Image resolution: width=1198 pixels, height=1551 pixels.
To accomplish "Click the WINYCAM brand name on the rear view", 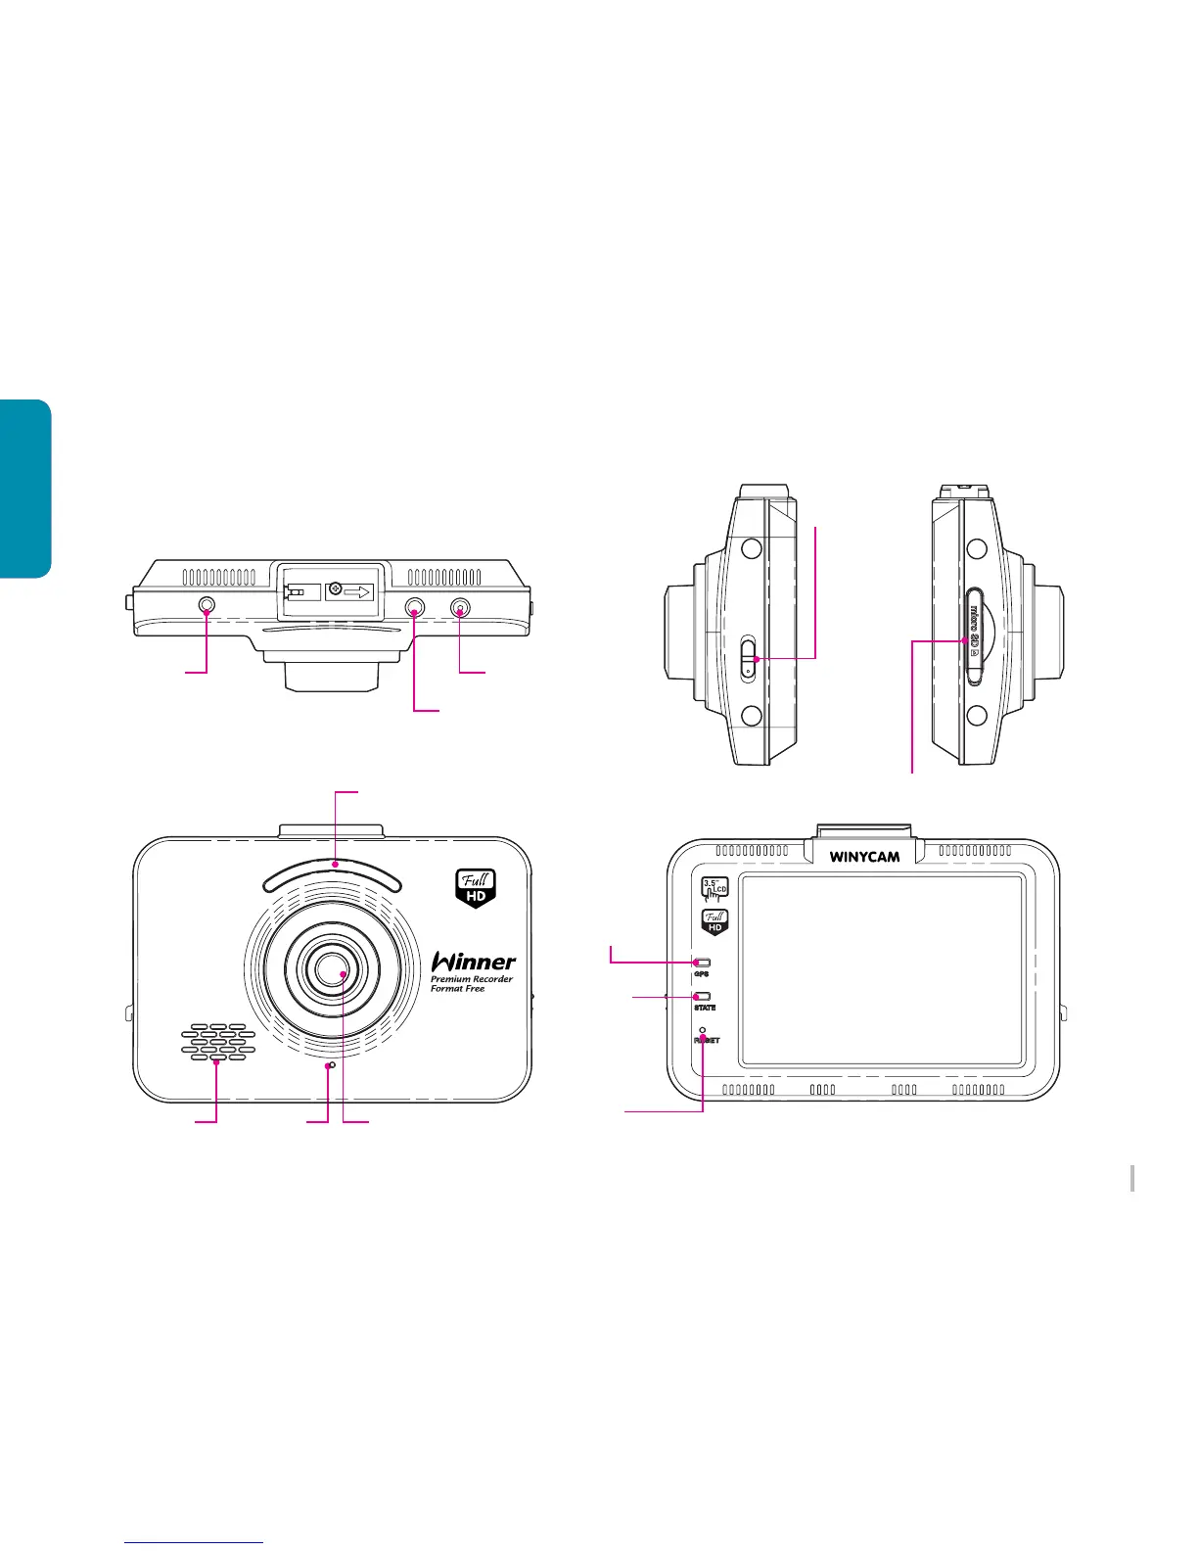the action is (864, 857).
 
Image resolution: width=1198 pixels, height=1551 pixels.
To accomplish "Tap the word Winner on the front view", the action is (474, 962).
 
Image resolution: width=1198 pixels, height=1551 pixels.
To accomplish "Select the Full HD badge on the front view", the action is (477, 887).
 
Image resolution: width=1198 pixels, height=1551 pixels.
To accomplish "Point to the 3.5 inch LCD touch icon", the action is (714, 889).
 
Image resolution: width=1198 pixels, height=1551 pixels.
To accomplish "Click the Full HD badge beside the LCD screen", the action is (714, 921).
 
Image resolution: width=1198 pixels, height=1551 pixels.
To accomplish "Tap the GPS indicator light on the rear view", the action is (702, 963).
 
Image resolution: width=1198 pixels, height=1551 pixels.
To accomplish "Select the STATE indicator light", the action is (703, 997).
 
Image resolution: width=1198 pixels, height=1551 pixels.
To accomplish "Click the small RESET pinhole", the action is (703, 1030).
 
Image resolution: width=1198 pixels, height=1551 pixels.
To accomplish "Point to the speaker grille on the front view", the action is (217, 1044).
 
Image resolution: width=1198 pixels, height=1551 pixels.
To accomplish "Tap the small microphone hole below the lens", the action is (332, 1064).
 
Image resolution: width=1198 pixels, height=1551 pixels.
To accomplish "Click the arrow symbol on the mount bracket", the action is (358, 591).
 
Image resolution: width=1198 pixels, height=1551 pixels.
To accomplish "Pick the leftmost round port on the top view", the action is (207, 607).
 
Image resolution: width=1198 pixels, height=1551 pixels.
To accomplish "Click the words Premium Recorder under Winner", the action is (472, 979).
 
